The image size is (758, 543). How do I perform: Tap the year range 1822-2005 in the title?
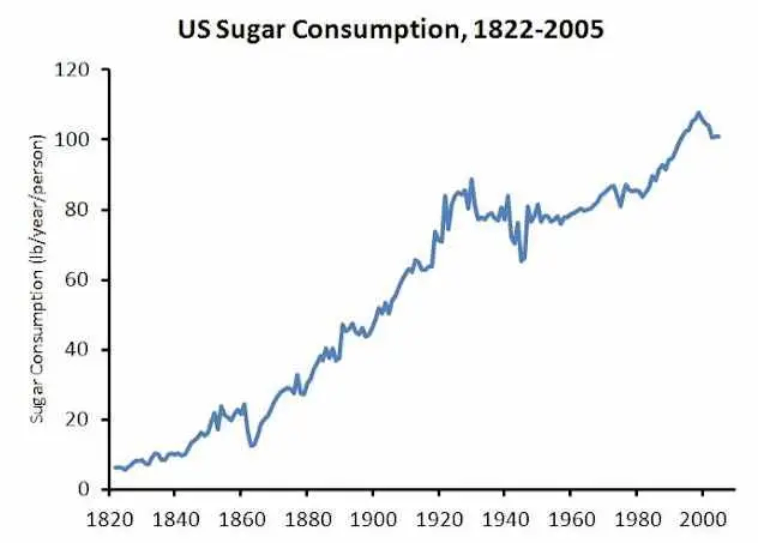click(x=537, y=30)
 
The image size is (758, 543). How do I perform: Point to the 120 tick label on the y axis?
click(x=71, y=70)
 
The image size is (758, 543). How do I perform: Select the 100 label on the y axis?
click(x=71, y=140)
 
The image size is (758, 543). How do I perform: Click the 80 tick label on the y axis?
click(x=77, y=210)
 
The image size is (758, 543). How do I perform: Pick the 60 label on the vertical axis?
click(x=77, y=280)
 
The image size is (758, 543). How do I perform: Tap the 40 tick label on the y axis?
click(x=77, y=350)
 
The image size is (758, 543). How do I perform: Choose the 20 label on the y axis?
click(x=77, y=420)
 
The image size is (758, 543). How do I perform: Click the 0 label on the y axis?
click(x=83, y=489)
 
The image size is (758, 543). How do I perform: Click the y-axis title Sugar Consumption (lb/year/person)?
click(x=37, y=279)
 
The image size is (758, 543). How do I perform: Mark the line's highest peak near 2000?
click(x=698, y=113)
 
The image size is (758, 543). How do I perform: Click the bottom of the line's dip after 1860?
click(x=251, y=446)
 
